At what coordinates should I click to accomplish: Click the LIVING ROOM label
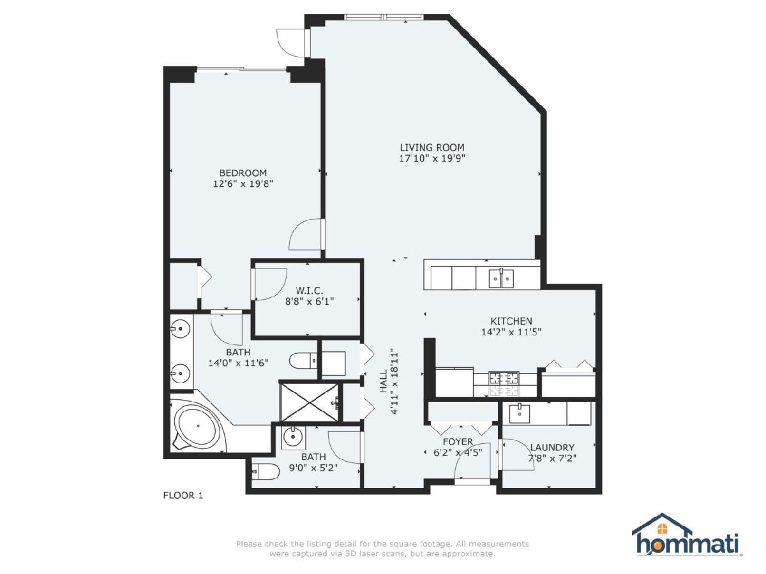[x=432, y=147]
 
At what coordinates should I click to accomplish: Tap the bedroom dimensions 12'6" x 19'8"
[x=243, y=184]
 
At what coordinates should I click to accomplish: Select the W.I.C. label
[x=310, y=290]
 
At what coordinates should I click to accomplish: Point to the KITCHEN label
[x=511, y=321]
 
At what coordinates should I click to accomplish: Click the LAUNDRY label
[x=552, y=447]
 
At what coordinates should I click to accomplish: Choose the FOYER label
[x=458, y=441]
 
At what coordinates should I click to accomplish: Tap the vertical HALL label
[x=384, y=381]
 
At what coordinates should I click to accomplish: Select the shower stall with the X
[x=309, y=402]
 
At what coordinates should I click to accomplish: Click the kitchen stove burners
[x=504, y=384]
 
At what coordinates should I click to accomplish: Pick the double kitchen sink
[x=501, y=277]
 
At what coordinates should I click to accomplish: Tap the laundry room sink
[x=519, y=413]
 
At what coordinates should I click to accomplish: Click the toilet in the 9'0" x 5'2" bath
[x=266, y=471]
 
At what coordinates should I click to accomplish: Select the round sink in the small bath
[x=292, y=436]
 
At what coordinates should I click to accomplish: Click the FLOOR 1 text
[x=183, y=496]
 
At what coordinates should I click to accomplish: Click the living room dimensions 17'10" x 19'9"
[x=432, y=159]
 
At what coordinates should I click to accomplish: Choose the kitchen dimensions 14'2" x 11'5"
[x=511, y=332]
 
